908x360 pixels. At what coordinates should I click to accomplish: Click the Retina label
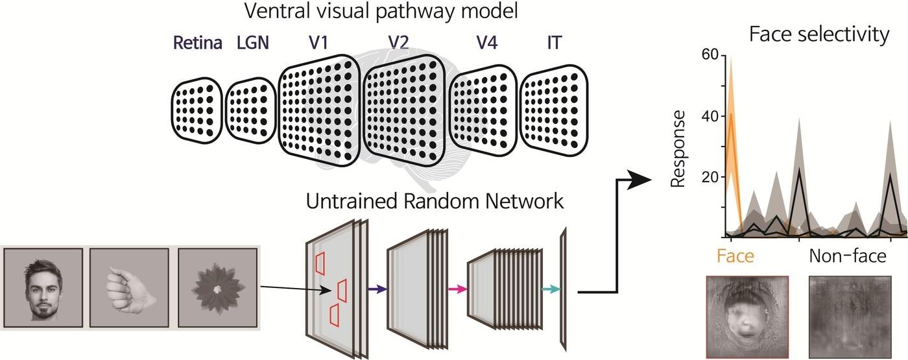click(x=197, y=43)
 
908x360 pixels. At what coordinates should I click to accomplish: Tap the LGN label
click(x=253, y=43)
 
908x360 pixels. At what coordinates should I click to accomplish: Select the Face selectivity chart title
click(x=819, y=34)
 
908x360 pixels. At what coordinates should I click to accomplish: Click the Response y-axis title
click(x=678, y=149)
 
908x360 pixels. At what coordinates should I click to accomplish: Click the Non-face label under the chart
click(x=847, y=256)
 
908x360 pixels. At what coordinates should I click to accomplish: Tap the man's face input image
click(x=43, y=288)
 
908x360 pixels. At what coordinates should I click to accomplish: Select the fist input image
click(x=129, y=288)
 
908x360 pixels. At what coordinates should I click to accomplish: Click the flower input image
click(x=217, y=288)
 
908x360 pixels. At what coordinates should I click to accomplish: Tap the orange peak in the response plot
click(x=731, y=114)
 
